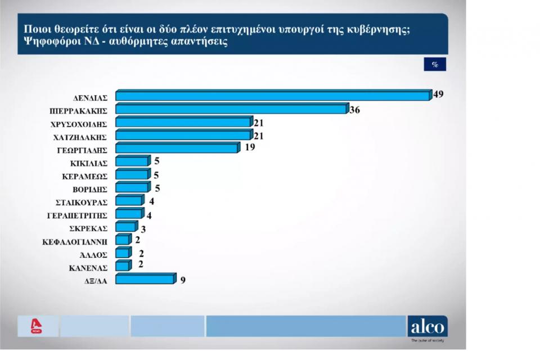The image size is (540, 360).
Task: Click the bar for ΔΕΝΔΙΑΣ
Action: click(272, 96)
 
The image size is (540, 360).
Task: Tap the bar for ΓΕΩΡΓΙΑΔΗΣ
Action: click(177, 148)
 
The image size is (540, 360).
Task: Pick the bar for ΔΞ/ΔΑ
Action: click(145, 279)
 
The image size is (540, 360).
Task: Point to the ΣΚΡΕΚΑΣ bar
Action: click(125, 227)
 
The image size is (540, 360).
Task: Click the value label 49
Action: click(439, 94)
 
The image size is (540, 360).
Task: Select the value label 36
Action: click(354, 110)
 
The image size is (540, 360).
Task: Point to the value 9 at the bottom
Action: click(183, 278)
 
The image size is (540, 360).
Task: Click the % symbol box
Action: click(434, 64)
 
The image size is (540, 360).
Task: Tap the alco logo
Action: click(427, 326)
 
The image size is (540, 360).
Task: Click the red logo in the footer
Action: click(37, 326)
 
